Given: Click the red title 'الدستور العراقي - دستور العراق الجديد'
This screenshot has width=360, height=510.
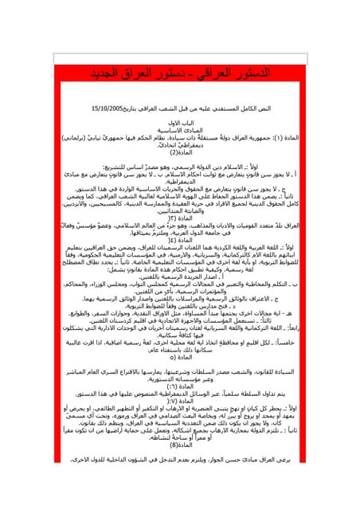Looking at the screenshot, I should [x=180, y=74].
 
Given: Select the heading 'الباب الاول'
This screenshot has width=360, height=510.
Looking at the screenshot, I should [x=179, y=122].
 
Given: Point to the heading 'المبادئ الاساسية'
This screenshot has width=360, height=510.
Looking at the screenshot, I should [x=179, y=129].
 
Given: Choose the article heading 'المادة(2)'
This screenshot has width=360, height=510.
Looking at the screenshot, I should [x=180, y=152].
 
